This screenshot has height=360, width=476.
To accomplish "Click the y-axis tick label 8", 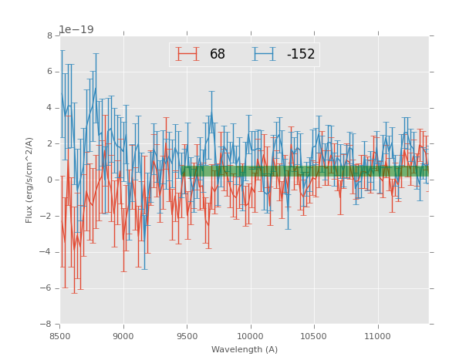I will pos(49,35).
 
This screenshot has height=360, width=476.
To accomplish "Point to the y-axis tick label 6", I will pos(49,72).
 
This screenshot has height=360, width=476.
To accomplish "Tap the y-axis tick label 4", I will pos(49,108).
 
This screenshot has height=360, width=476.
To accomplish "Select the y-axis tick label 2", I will pos(49,144).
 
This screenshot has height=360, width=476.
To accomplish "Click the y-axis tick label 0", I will pos(49,180).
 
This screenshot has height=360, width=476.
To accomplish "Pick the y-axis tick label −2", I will pos(47,216).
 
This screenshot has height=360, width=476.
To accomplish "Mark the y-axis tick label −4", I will pos(47,252).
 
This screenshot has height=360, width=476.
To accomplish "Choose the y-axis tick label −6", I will pos(47,288).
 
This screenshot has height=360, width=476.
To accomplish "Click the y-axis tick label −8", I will pos(47,325).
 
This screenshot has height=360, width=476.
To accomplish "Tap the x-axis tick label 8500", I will pos(60,336).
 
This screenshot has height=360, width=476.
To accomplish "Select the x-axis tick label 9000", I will pos(123,336).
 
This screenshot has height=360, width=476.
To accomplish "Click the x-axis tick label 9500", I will pos(187,336).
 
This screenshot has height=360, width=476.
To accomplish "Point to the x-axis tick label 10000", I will pos(251,336).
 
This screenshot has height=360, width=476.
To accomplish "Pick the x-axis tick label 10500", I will pos(314,336).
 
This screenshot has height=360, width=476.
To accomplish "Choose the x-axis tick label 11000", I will pos(378,336).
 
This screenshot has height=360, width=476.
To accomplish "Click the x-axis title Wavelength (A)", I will pos(245,350).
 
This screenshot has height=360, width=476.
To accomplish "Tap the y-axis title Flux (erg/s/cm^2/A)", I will pos(29,180).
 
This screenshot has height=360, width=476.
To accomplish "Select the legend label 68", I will pos(218,55).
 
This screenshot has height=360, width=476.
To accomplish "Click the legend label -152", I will pos(300,55).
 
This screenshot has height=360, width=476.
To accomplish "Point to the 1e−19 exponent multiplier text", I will pos(76,29).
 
